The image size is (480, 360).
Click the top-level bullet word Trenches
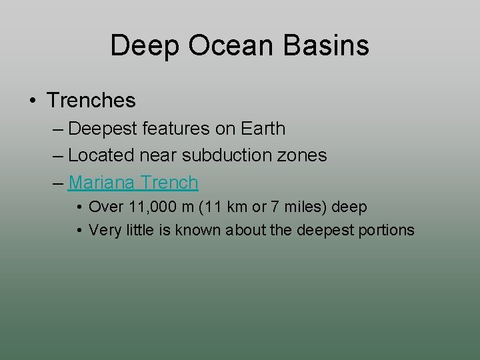tap(91, 101)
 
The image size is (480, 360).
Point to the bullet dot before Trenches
tap(33, 101)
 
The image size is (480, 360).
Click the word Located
tap(101, 155)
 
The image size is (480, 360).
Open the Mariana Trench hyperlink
tap(133, 182)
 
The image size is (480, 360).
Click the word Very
tap(103, 230)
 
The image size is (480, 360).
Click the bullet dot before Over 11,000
tap(79, 207)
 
